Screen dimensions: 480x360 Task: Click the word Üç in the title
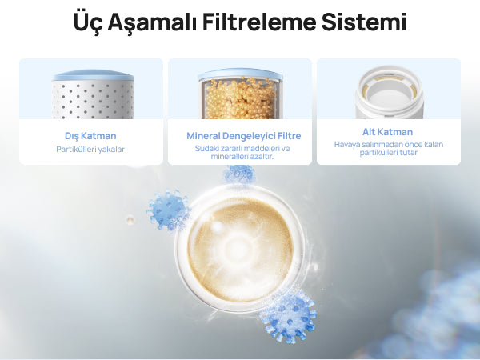[87, 22]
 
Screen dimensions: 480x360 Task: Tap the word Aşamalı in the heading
[152, 22]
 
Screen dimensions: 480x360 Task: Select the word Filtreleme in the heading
[258, 22]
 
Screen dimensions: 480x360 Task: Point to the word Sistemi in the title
[364, 22]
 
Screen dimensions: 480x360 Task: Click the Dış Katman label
[90, 136]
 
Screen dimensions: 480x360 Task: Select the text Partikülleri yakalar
[90, 150]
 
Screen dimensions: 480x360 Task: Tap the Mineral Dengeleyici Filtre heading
[244, 136]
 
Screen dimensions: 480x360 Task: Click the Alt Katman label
[387, 132]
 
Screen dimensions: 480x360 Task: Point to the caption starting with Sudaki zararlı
[242, 153]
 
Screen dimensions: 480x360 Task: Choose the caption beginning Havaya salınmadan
[389, 149]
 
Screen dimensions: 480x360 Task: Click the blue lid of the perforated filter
[93, 75]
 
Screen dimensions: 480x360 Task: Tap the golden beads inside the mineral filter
[241, 98]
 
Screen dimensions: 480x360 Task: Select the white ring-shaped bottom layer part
[389, 93]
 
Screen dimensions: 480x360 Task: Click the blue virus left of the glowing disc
[168, 210]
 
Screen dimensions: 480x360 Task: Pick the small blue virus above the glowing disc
[239, 174]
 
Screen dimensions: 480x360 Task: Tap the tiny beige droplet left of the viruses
[130, 219]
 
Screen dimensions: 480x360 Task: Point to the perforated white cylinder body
[93, 100]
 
